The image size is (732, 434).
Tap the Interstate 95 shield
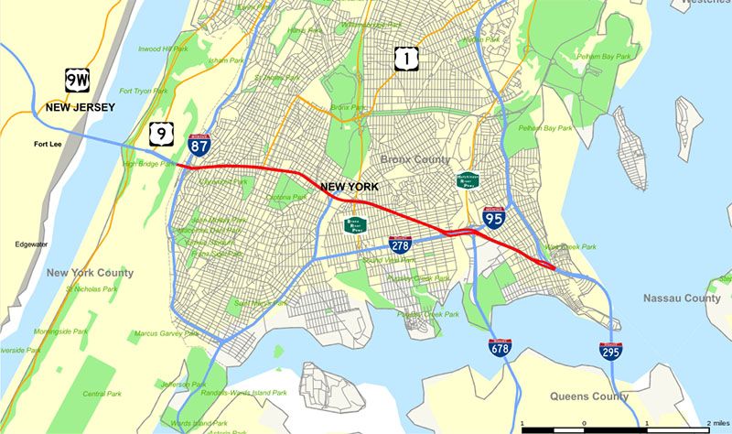point(494,216)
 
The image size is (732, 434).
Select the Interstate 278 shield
point(400,243)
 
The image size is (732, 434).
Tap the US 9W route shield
point(77,80)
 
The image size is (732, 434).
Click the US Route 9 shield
point(160,135)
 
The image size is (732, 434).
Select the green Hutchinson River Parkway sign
point(468,180)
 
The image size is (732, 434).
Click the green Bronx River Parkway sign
point(355,224)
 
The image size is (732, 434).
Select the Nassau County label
point(682,298)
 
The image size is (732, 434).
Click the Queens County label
point(589,396)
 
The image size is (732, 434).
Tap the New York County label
point(90,273)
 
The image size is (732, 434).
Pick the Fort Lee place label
point(49,145)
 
